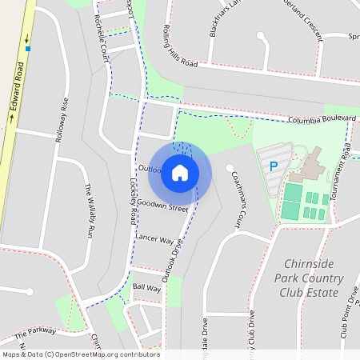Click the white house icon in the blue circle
tap(180, 173)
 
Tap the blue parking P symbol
tap(274, 166)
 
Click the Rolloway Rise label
tap(60, 120)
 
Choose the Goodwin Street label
tap(162, 205)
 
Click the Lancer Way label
tap(154, 239)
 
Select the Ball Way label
tap(147, 287)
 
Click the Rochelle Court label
tap(101, 38)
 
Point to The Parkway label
tap(35, 332)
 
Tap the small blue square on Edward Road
tap(28, 49)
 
